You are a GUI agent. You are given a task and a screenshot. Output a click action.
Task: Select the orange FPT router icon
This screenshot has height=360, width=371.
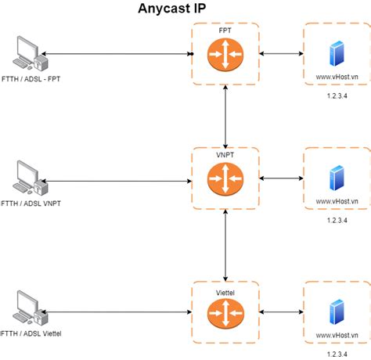coord(225,55)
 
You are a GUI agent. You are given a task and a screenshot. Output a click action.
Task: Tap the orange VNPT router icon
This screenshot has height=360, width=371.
coord(225,179)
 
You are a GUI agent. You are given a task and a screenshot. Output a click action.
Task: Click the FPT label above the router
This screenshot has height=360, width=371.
coord(225,30)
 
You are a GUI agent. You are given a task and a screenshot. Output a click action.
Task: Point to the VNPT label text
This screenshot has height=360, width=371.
coord(225,155)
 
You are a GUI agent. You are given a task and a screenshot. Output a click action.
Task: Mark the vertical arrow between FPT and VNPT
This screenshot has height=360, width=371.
coord(225,116)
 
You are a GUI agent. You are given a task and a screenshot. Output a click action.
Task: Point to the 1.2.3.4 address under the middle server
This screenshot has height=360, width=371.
coord(337,221)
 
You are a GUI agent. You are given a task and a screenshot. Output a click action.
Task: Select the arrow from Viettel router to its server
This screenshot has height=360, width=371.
coord(280,311)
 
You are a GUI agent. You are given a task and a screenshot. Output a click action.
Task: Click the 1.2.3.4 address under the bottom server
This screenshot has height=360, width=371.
coord(337,354)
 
